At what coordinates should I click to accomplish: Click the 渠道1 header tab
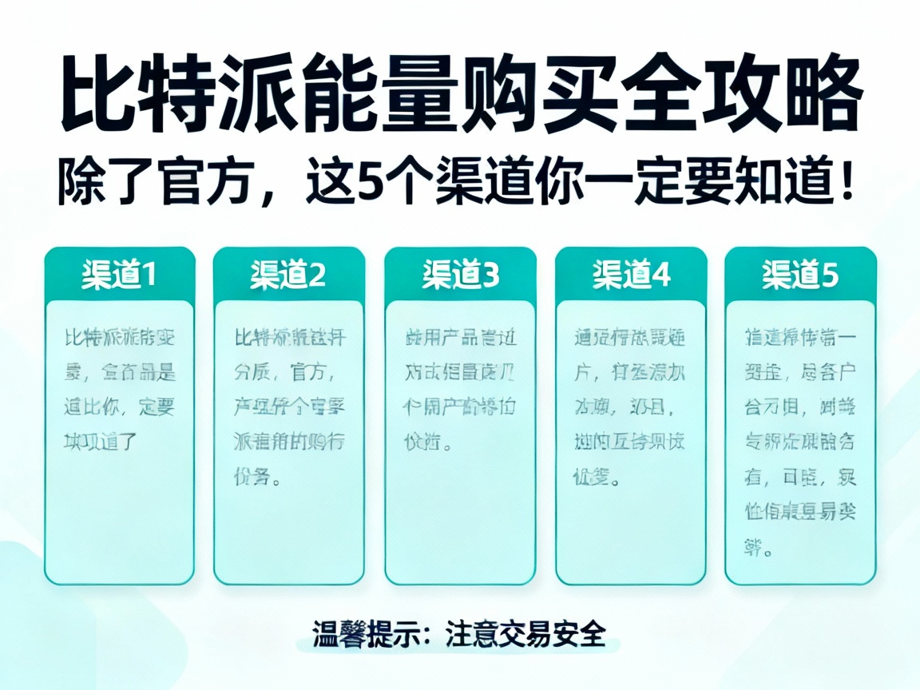(119, 275)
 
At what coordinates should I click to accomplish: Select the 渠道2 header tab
(288, 275)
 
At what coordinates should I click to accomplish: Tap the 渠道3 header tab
(460, 275)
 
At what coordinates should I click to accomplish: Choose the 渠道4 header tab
(631, 275)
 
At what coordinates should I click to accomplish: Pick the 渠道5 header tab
(800, 275)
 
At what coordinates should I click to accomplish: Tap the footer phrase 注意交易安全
(525, 636)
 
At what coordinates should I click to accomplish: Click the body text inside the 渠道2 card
(288, 407)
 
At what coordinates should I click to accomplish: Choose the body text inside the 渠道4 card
(631, 407)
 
